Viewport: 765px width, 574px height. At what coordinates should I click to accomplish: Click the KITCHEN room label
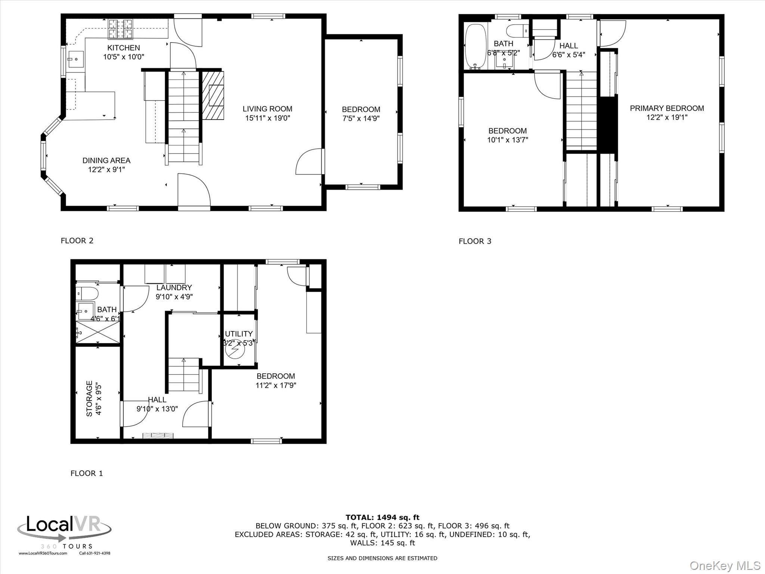pyautogui.click(x=124, y=48)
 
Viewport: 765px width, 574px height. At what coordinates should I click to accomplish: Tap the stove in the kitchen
pyautogui.click(x=120, y=29)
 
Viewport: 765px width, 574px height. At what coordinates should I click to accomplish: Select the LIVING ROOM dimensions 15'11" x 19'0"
pyautogui.click(x=267, y=118)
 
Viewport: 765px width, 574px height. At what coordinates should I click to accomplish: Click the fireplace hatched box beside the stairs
pyautogui.click(x=213, y=95)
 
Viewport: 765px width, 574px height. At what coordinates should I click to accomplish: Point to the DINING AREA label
pyautogui.click(x=106, y=161)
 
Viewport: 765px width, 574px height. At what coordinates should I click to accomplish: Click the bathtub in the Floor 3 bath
pyautogui.click(x=475, y=47)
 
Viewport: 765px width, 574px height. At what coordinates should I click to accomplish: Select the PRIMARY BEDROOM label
pyautogui.click(x=667, y=108)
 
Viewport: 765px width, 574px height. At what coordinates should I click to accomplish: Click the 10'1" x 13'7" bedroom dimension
pyautogui.click(x=508, y=140)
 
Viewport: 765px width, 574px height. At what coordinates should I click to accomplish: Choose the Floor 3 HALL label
pyautogui.click(x=569, y=46)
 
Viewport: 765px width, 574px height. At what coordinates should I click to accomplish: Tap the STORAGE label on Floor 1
pyautogui.click(x=90, y=398)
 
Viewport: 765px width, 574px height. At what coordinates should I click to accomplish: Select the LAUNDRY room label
pyautogui.click(x=174, y=288)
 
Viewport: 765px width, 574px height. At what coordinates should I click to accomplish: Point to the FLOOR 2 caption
pyautogui.click(x=77, y=241)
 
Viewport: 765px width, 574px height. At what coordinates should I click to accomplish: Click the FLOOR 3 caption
pyautogui.click(x=475, y=241)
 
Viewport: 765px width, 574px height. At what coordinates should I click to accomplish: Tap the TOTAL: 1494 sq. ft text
pyautogui.click(x=382, y=518)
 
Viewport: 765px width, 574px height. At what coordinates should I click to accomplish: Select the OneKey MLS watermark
pyautogui.click(x=725, y=565)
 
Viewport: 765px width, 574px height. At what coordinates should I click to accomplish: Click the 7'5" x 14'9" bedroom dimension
pyautogui.click(x=361, y=119)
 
